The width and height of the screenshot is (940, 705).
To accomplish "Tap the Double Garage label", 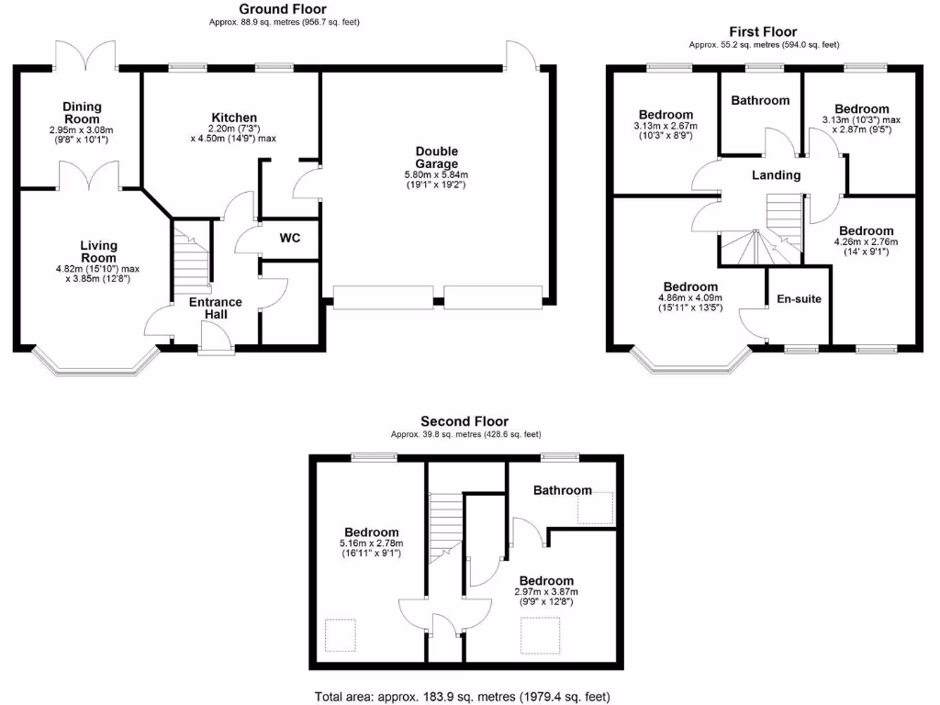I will pos(436,158).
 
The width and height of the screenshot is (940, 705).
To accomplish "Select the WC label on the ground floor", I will pos(290,238).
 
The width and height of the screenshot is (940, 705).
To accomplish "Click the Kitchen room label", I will pos(234,117).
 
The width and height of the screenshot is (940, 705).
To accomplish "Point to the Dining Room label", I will pos(82,113).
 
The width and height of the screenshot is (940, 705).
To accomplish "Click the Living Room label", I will pos(98,246).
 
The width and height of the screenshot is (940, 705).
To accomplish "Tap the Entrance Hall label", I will pos(215,308).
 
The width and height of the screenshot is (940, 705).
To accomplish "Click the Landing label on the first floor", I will pos(776,174).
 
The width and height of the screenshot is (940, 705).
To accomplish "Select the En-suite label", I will pos(799,298).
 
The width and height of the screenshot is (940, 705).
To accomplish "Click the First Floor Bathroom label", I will pos(760,100).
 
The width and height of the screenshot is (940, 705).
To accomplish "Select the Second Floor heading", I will pos(464,421).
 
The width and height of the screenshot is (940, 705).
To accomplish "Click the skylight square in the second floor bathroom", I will pos(594,506).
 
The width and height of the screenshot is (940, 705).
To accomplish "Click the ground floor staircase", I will pos(191,262).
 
